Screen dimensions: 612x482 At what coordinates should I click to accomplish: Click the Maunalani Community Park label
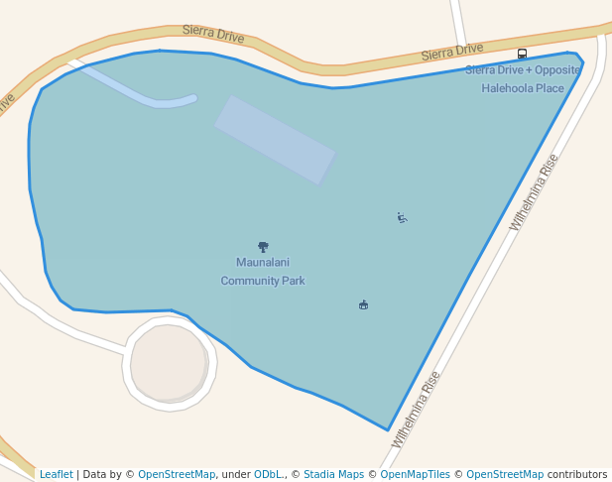263,272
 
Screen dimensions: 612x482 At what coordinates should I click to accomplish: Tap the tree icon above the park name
263,246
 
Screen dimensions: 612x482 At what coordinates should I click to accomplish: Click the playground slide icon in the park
402,217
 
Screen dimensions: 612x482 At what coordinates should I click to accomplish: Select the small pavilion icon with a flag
364,304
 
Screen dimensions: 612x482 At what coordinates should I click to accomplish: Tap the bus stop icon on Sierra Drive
523,54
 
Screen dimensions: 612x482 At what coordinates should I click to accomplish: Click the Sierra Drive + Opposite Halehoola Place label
523,79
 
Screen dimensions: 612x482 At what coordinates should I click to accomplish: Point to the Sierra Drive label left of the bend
213,35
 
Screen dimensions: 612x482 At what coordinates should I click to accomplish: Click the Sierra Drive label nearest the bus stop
451,51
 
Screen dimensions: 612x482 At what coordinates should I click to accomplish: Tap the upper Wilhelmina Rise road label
535,192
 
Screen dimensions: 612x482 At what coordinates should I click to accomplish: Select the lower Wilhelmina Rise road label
416,410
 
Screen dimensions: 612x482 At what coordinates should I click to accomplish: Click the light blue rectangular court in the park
275,140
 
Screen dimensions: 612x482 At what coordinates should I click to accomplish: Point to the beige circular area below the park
169,363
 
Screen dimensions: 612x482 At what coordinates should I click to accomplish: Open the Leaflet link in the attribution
57,474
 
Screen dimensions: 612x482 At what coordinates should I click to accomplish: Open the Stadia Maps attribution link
333,474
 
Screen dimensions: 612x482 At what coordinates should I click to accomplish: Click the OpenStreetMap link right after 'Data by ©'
177,474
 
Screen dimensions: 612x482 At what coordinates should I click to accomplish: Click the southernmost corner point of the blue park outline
388,430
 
